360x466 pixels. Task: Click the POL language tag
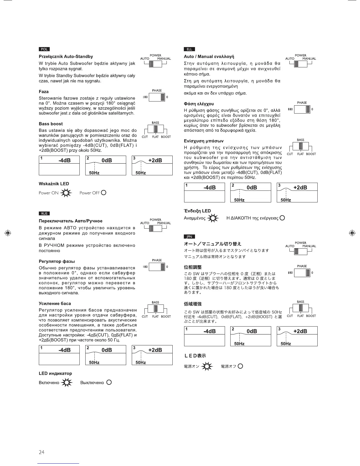[44, 49]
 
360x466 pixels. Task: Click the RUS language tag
[44, 214]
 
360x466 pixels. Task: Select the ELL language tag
[189, 49]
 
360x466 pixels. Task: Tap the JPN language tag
[189, 237]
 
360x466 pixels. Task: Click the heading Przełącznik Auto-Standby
[66, 56]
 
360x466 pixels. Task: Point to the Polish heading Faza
[44, 91]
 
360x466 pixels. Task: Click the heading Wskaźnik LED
[54, 184]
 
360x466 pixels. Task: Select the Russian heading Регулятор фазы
[57, 261]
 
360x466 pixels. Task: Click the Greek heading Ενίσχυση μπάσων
[204, 141]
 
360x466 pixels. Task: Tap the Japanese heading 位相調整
[193, 267]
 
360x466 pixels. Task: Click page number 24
[41, 452]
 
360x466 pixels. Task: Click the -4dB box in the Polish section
[59, 165]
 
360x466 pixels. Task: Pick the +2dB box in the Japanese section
[297, 336]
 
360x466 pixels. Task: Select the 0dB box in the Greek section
[251, 192]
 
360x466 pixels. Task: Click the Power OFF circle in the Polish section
[103, 193]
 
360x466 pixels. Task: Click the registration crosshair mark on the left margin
[8, 233]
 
